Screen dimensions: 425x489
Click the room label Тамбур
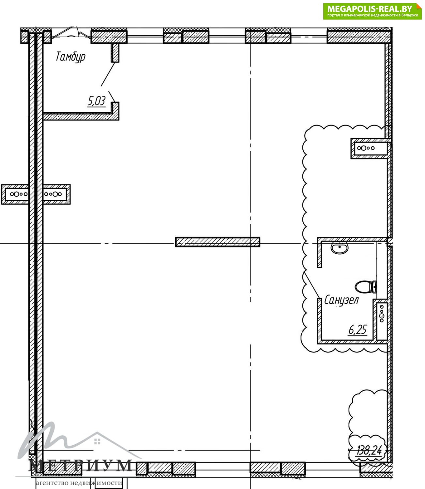click(70, 57)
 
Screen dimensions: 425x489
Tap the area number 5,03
click(96, 101)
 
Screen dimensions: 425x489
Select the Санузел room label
click(342, 301)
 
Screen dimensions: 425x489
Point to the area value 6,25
click(357, 330)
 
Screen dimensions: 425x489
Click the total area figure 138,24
click(370, 451)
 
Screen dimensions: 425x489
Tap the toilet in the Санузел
click(366, 287)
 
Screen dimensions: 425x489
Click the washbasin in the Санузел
click(340, 248)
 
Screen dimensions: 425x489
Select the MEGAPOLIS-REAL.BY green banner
click(372, 11)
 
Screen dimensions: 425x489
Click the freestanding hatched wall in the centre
click(218, 242)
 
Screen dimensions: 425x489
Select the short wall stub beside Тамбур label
click(115, 53)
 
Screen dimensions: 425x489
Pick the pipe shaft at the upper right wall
click(370, 148)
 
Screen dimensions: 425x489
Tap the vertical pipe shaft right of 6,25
click(382, 320)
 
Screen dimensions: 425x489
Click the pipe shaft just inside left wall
click(56, 194)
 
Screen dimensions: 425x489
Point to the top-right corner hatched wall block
click(359, 36)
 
